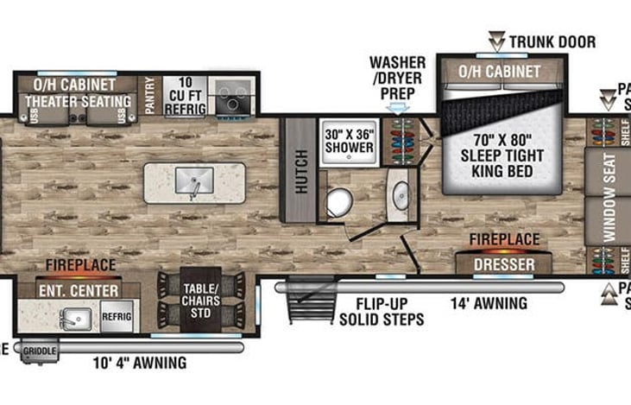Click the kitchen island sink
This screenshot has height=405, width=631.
(194, 181)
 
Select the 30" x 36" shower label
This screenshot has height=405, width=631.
(348, 140)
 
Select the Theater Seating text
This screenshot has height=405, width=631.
(78, 102)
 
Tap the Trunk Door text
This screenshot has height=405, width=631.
(552, 41)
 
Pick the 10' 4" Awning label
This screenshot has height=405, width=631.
(139, 363)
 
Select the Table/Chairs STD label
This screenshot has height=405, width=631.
(201, 295)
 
